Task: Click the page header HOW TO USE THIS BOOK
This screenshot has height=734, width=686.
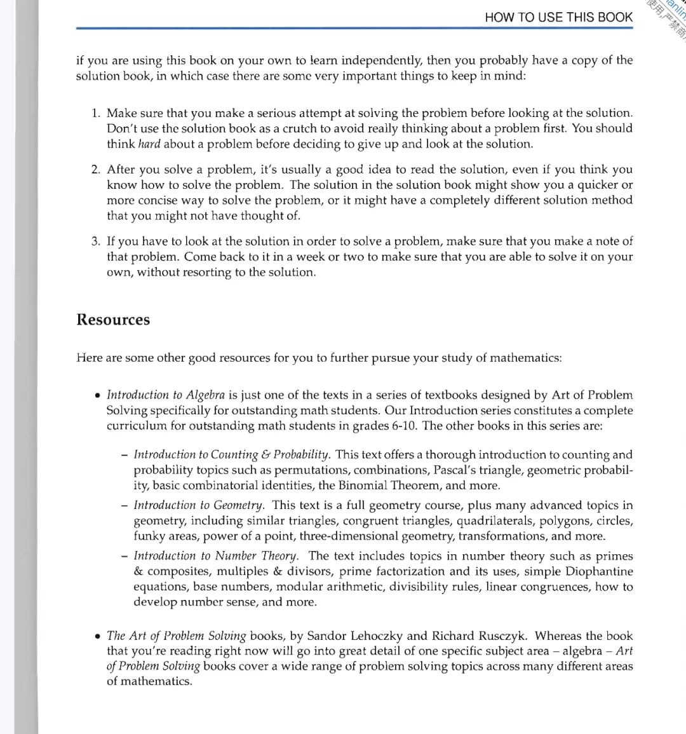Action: (558, 17)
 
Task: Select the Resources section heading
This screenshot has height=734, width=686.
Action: (113, 320)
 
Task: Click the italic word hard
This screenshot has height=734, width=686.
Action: (149, 144)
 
